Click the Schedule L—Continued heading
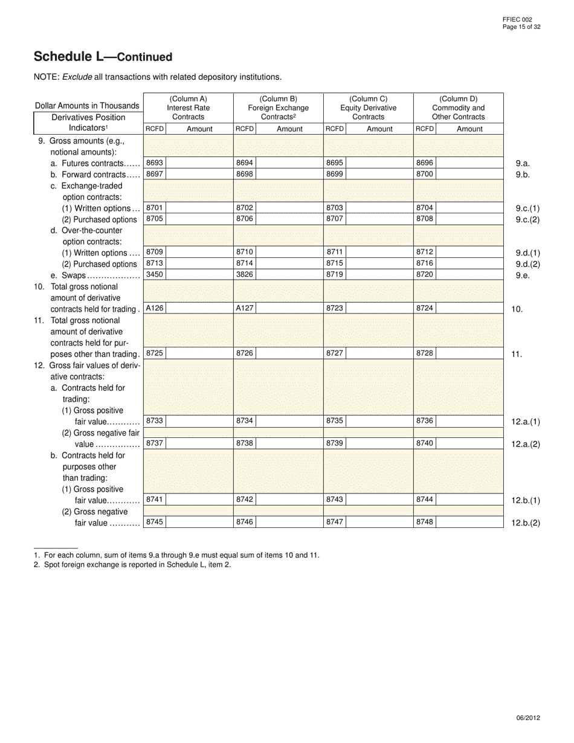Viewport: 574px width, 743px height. tap(103, 57)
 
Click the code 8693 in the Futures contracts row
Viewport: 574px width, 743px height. tap(155, 163)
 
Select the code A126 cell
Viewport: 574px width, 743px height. tap(155, 308)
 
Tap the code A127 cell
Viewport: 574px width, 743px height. tap(245, 308)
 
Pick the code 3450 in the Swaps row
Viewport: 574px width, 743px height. tap(155, 275)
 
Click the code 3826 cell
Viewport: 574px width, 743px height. tap(245, 275)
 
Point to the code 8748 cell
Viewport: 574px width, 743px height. tap(425, 522)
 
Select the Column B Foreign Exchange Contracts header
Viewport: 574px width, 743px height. tap(278, 108)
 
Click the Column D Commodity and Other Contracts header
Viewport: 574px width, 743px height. tap(458, 108)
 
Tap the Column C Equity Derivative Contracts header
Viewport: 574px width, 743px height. tap(368, 108)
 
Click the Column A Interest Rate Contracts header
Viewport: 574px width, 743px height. tap(188, 108)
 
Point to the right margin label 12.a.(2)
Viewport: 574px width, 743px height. tap(526, 444)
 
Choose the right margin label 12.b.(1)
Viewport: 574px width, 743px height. tap(526, 500)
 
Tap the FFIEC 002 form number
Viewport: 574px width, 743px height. tap(517, 20)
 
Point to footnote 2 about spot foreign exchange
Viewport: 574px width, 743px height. tap(132, 565)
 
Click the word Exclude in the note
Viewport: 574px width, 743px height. tap(76, 77)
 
